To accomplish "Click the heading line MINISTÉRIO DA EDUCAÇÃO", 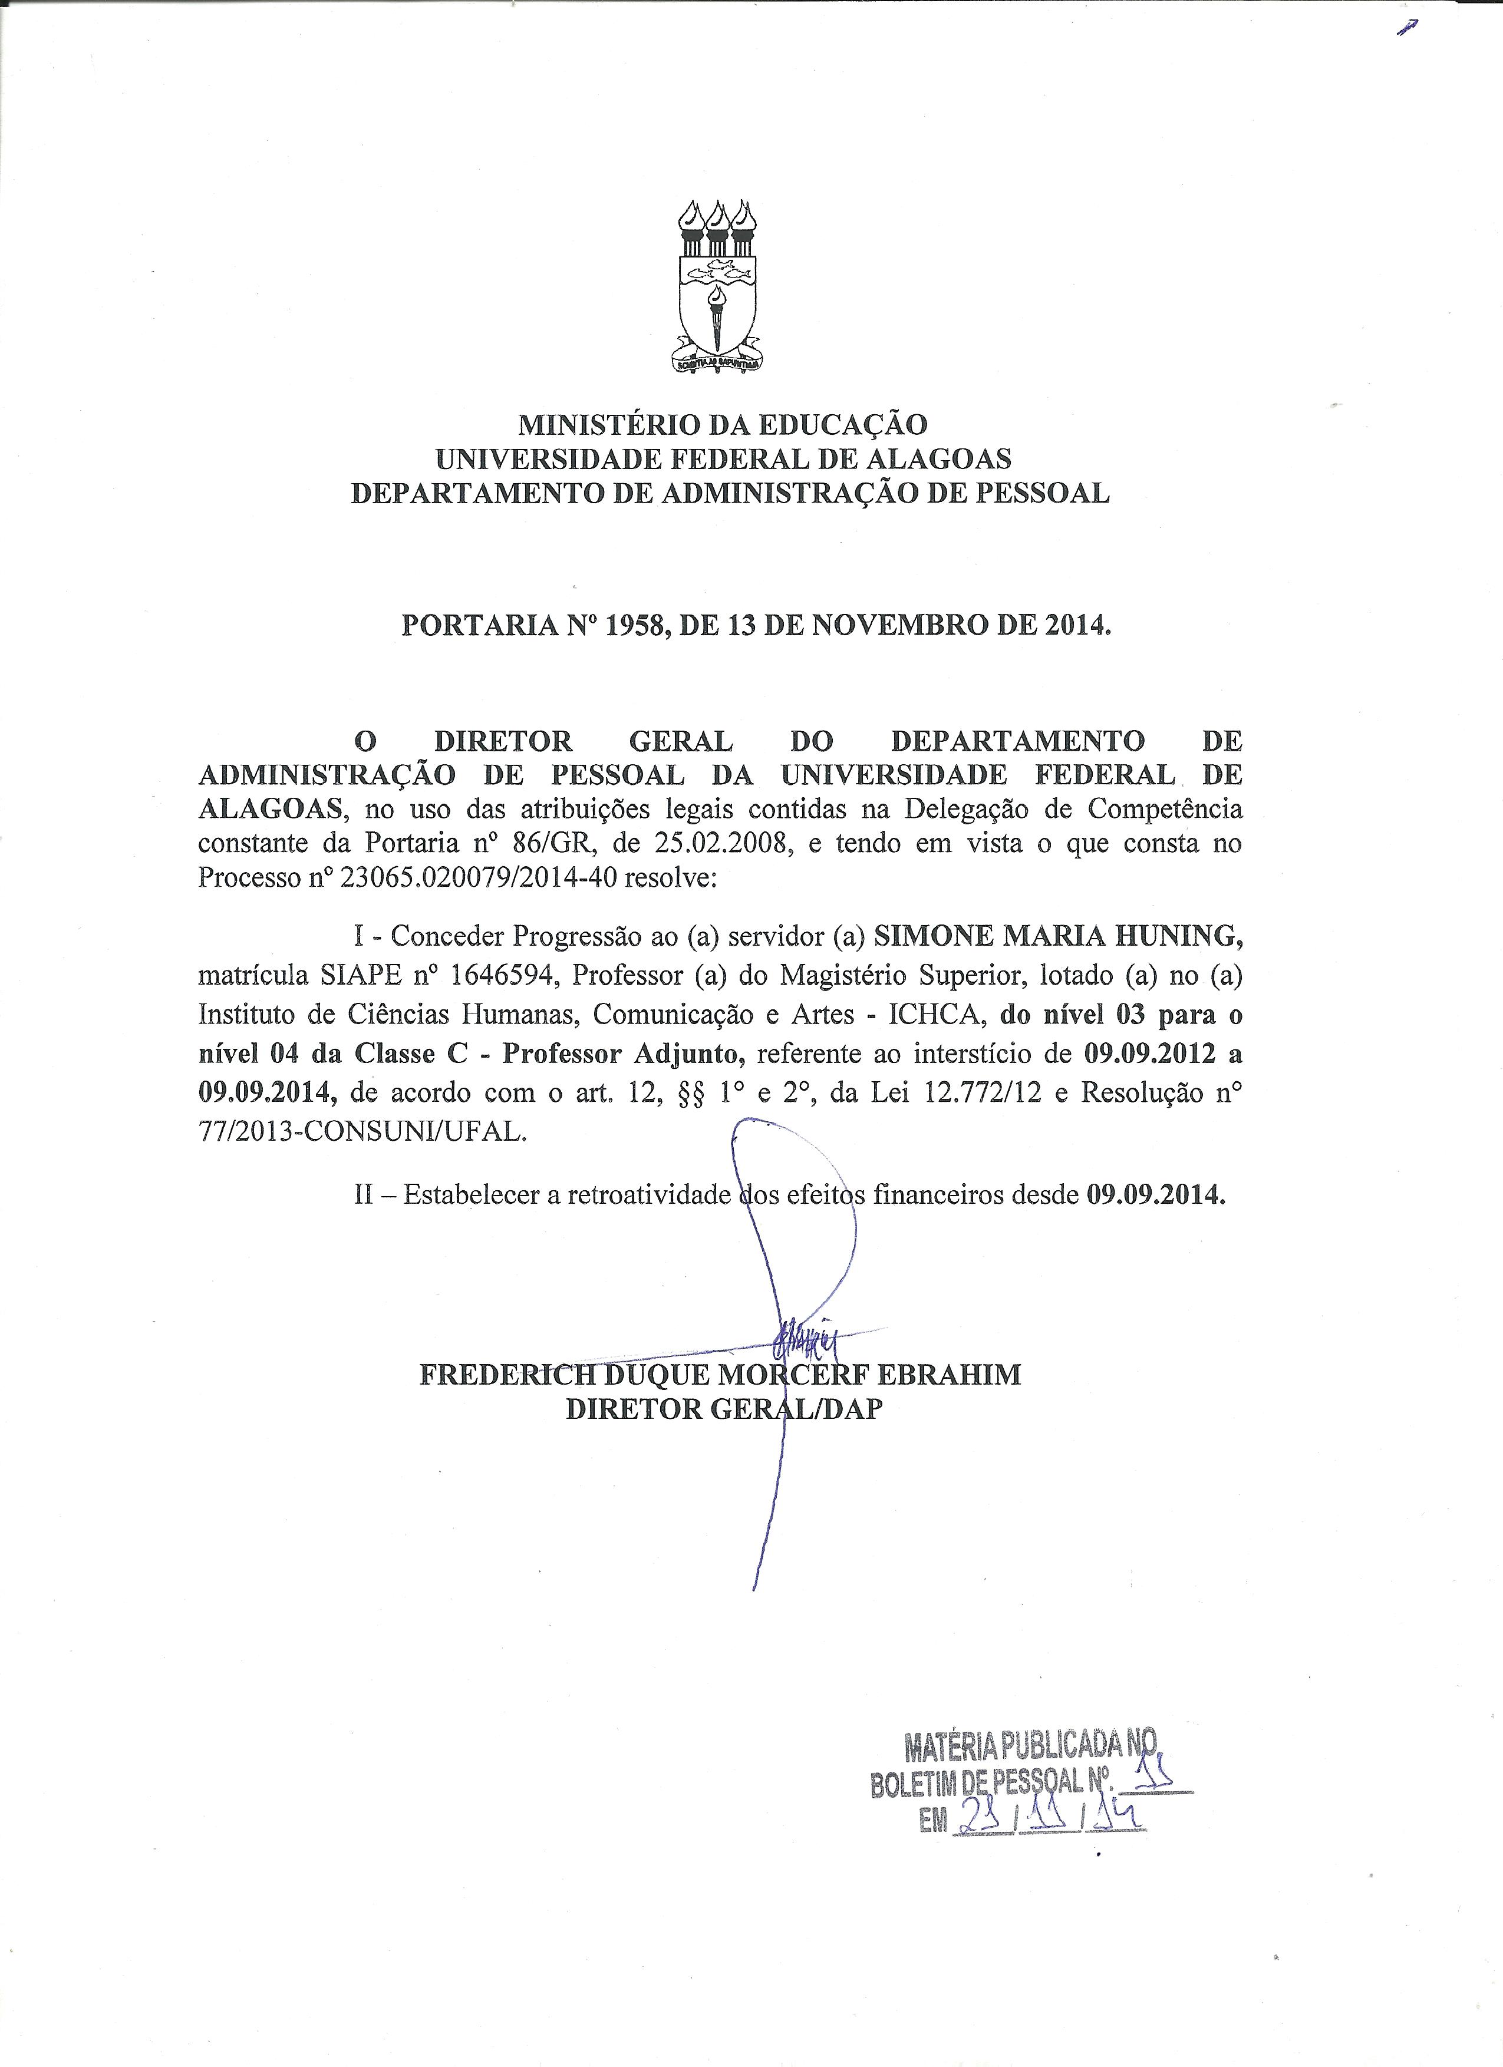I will pos(723,424).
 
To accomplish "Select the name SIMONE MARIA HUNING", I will pos(1057,935).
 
